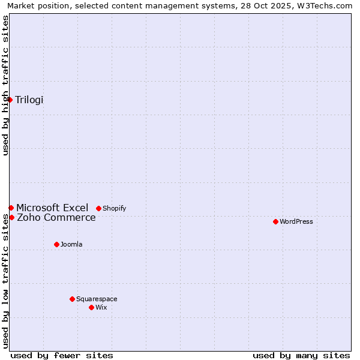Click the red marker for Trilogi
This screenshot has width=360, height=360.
[10, 100]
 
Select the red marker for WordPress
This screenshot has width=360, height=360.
[275, 221]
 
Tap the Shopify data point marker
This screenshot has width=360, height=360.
[98, 208]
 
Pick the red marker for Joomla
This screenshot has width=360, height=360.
[56, 244]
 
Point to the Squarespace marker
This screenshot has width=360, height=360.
[72, 299]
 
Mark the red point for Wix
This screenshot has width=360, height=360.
[91, 307]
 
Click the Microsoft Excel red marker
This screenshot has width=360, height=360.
[11, 208]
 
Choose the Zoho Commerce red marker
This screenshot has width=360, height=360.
[11, 217]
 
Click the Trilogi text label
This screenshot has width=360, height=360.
[29, 100]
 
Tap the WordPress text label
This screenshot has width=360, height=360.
[296, 221]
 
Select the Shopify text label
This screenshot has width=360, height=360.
[115, 208]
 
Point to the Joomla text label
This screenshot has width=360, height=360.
[71, 244]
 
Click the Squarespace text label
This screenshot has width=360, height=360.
[97, 299]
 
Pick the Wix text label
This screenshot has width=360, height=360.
[101, 307]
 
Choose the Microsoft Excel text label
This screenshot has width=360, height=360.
[52, 208]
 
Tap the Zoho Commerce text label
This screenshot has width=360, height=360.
[56, 217]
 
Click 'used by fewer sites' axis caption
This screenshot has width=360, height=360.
[62, 355]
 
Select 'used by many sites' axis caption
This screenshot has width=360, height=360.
[301, 355]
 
